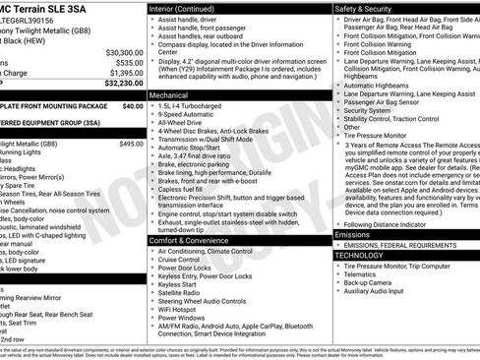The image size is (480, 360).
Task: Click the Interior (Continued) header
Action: pyautogui.click(x=189, y=8)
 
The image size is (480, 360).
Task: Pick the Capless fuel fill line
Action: pyautogui.click(x=184, y=189)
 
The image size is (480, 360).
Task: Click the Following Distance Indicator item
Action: pyautogui.click(x=390, y=222)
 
